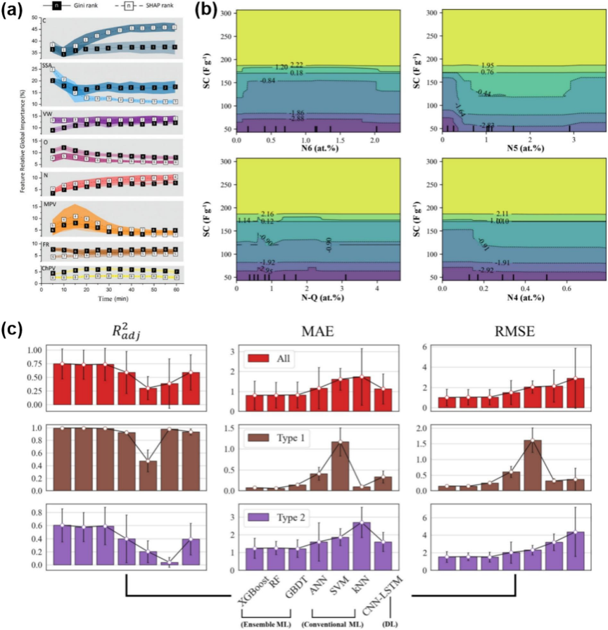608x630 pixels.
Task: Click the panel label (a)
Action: click(x=12, y=12)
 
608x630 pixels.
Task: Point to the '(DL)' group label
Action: click(x=389, y=623)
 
